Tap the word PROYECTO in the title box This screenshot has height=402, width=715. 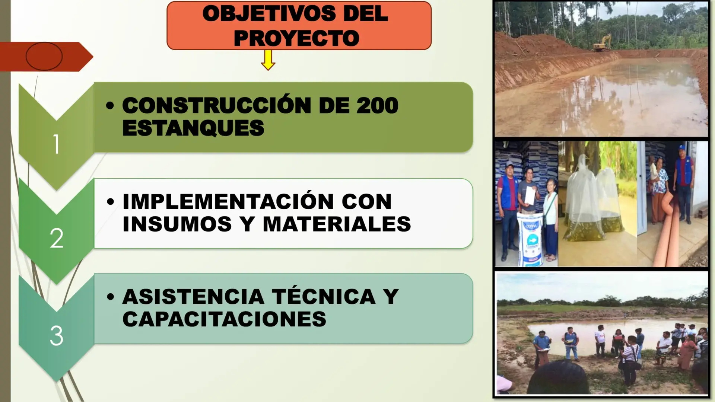(296, 38)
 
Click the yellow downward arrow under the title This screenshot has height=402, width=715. (268, 60)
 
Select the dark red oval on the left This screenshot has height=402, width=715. (44, 56)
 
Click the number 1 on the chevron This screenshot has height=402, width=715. (56, 144)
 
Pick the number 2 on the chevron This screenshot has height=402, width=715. (57, 238)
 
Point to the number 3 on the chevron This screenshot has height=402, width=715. (57, 336)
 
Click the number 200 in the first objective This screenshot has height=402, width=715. (377, 105)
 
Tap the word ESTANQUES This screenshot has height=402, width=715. (193, 128)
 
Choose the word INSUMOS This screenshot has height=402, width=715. (177, 224)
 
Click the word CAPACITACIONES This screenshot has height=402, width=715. (224, 319)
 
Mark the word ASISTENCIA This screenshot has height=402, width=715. (194, 297)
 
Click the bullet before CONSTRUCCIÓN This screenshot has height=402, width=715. (109, 105)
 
